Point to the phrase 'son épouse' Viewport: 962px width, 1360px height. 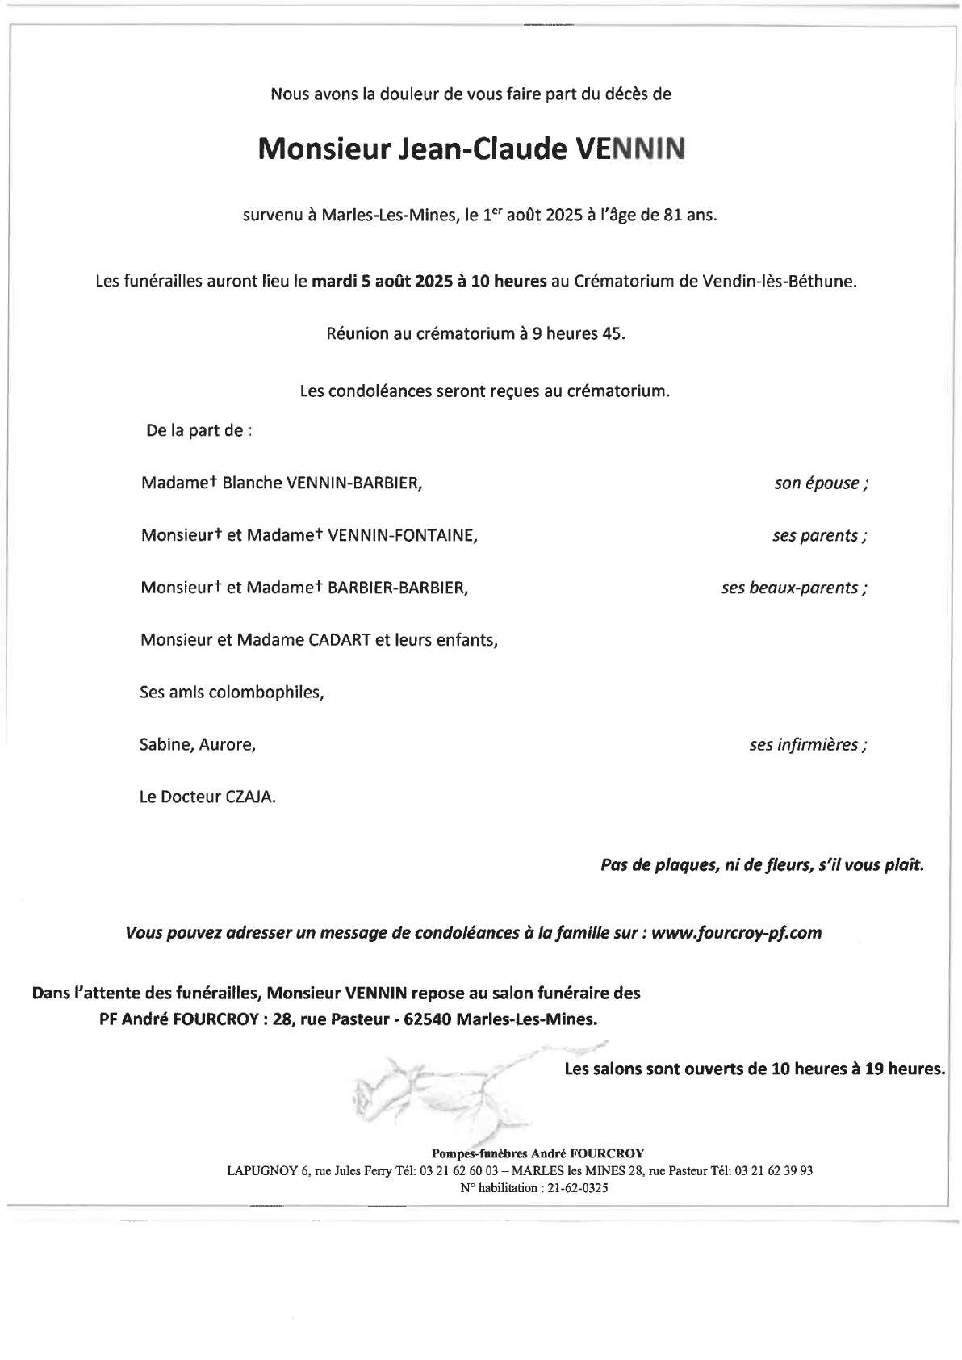(817, 483)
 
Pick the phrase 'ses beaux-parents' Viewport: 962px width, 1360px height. (789, 588)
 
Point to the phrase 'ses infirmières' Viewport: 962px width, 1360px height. (805, 745)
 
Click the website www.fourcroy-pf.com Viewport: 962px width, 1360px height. (736, 933)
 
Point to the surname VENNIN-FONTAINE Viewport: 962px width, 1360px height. (401, 536)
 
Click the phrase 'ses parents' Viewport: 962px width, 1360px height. (815, 536)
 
